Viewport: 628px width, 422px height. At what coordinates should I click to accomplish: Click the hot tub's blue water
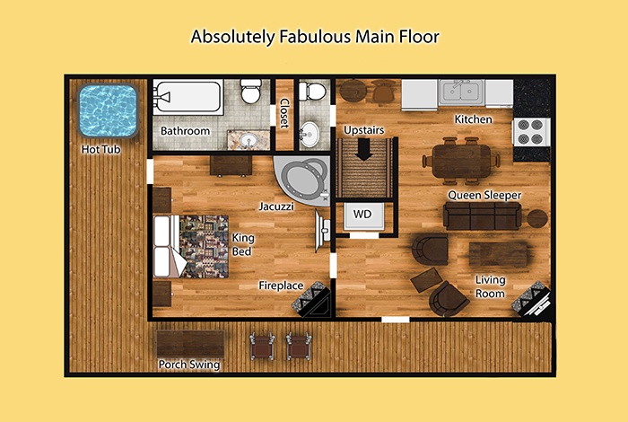(109, 110)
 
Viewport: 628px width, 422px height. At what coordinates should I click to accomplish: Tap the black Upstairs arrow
(363, 149)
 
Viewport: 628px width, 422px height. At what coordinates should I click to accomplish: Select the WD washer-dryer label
(362, 214)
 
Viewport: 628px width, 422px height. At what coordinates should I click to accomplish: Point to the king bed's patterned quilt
(204, 247)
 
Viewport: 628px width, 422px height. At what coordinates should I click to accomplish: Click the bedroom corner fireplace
(312, 300)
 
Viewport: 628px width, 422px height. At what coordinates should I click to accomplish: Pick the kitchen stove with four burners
(531, 132)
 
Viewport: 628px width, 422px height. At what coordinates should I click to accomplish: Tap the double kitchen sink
(460, 92)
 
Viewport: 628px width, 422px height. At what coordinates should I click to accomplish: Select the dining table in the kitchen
(461, 161)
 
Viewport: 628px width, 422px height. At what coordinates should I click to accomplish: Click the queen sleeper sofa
(483, 215)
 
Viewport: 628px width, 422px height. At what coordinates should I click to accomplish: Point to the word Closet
(284, 113)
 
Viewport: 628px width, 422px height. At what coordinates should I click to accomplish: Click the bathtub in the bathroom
(188, 97)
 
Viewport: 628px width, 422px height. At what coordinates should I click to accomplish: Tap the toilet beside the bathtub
(251, 91)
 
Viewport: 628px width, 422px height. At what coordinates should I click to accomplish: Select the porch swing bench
(190, 344)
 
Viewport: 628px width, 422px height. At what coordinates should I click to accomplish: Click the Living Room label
(490, 286)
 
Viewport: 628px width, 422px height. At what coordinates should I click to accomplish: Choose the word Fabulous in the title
(315, 37)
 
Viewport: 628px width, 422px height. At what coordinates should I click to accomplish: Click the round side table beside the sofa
(536, 219)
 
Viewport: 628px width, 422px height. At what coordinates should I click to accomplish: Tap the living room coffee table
(499, 254)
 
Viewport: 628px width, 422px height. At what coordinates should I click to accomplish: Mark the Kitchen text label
(473, 119)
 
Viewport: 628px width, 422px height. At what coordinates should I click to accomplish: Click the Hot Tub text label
(100, 149)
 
